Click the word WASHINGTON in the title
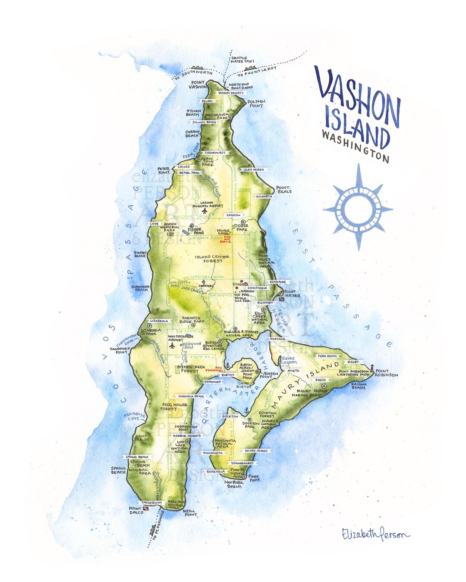pos(356,146)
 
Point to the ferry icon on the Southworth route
pos(196,68)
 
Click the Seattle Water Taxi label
pos(242,59)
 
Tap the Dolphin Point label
pos(256,103)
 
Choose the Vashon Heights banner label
pos(231,93)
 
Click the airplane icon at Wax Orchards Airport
pos(172,346)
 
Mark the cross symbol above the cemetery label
pos(203,282)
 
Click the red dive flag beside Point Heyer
pos(281,299)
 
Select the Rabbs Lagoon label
pos(289,360)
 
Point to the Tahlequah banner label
pos(151,503)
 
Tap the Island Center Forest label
pos(212,259)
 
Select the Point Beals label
pos(283,190)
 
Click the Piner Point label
pos(254,478)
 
